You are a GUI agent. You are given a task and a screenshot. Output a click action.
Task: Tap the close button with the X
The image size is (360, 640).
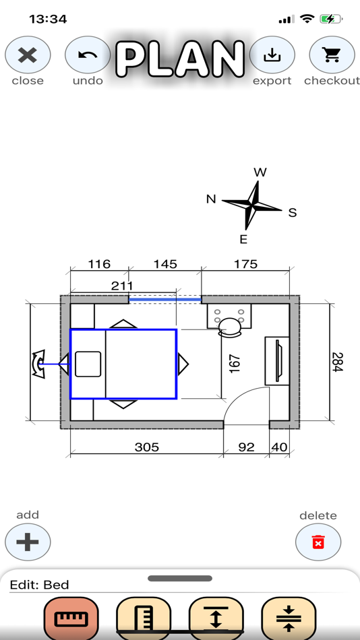point(28,55)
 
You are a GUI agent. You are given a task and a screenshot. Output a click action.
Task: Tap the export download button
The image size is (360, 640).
point(272,55)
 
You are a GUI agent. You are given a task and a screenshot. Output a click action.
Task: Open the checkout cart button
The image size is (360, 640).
point(332,55)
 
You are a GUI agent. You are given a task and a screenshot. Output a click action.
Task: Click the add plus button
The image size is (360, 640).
point(28,542)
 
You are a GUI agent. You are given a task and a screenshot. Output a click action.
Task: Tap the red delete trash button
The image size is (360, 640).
point(318,542)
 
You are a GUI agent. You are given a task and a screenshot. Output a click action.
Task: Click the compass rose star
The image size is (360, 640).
point(252,205)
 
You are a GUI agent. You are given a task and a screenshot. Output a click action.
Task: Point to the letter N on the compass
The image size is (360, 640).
point(211,199)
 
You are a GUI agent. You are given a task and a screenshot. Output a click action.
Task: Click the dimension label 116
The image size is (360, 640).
point(99,264)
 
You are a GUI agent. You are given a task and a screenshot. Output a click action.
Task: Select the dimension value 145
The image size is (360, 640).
point(164,264)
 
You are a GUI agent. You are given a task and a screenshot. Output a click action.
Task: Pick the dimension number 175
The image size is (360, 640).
point(245,264)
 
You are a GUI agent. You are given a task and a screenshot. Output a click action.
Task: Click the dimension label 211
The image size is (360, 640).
point(122,286)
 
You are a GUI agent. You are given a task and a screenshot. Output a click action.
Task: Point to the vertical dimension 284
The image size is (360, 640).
point(337,362)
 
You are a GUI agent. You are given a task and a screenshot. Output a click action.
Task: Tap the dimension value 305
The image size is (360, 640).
point(146,447)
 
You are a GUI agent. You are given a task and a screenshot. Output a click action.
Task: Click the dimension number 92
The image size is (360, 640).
point(247,447)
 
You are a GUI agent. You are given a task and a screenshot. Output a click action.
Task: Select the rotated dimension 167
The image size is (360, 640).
point(234,364)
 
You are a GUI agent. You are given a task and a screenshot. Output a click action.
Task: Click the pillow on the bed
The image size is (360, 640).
point(88,364)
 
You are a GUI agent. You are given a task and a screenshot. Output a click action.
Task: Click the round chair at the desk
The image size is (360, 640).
point(230,327)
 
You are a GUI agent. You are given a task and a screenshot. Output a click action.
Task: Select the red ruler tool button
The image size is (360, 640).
point(71,618)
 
